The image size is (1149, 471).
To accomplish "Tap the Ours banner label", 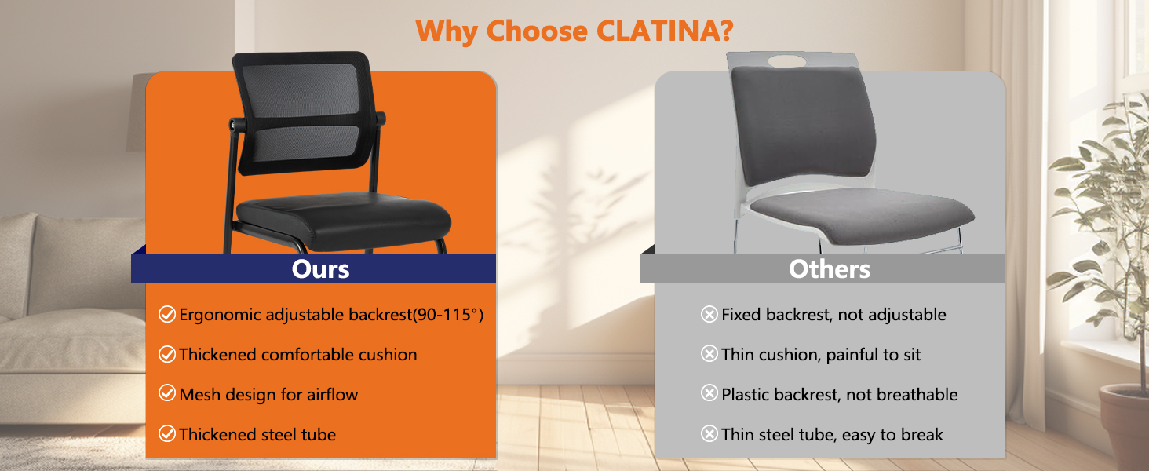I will pyautogui.click(x=320, y=269).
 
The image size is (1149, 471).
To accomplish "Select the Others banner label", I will pyautogui.click(x=830, y=269).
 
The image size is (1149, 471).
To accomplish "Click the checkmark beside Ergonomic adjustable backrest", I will pyautogui.click(x=167, y=315).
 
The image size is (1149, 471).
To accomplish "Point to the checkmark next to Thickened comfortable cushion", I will pyautogui.click(x=167, y=355).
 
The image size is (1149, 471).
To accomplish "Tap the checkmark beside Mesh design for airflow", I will pyautogui.click(x=167, y=394).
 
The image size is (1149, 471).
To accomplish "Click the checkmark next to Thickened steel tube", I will pyautogui.click(x=167, y=434).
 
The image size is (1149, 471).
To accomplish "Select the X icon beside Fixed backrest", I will pyautogui.click(x=709, y=315).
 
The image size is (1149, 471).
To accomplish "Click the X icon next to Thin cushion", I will pyautogui.click(x=709, y=355).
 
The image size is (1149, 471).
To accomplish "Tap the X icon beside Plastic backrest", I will pyautogui.click(x=709, y=394).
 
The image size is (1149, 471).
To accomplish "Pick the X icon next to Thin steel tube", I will pyautogui.click(x=709, y=434).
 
